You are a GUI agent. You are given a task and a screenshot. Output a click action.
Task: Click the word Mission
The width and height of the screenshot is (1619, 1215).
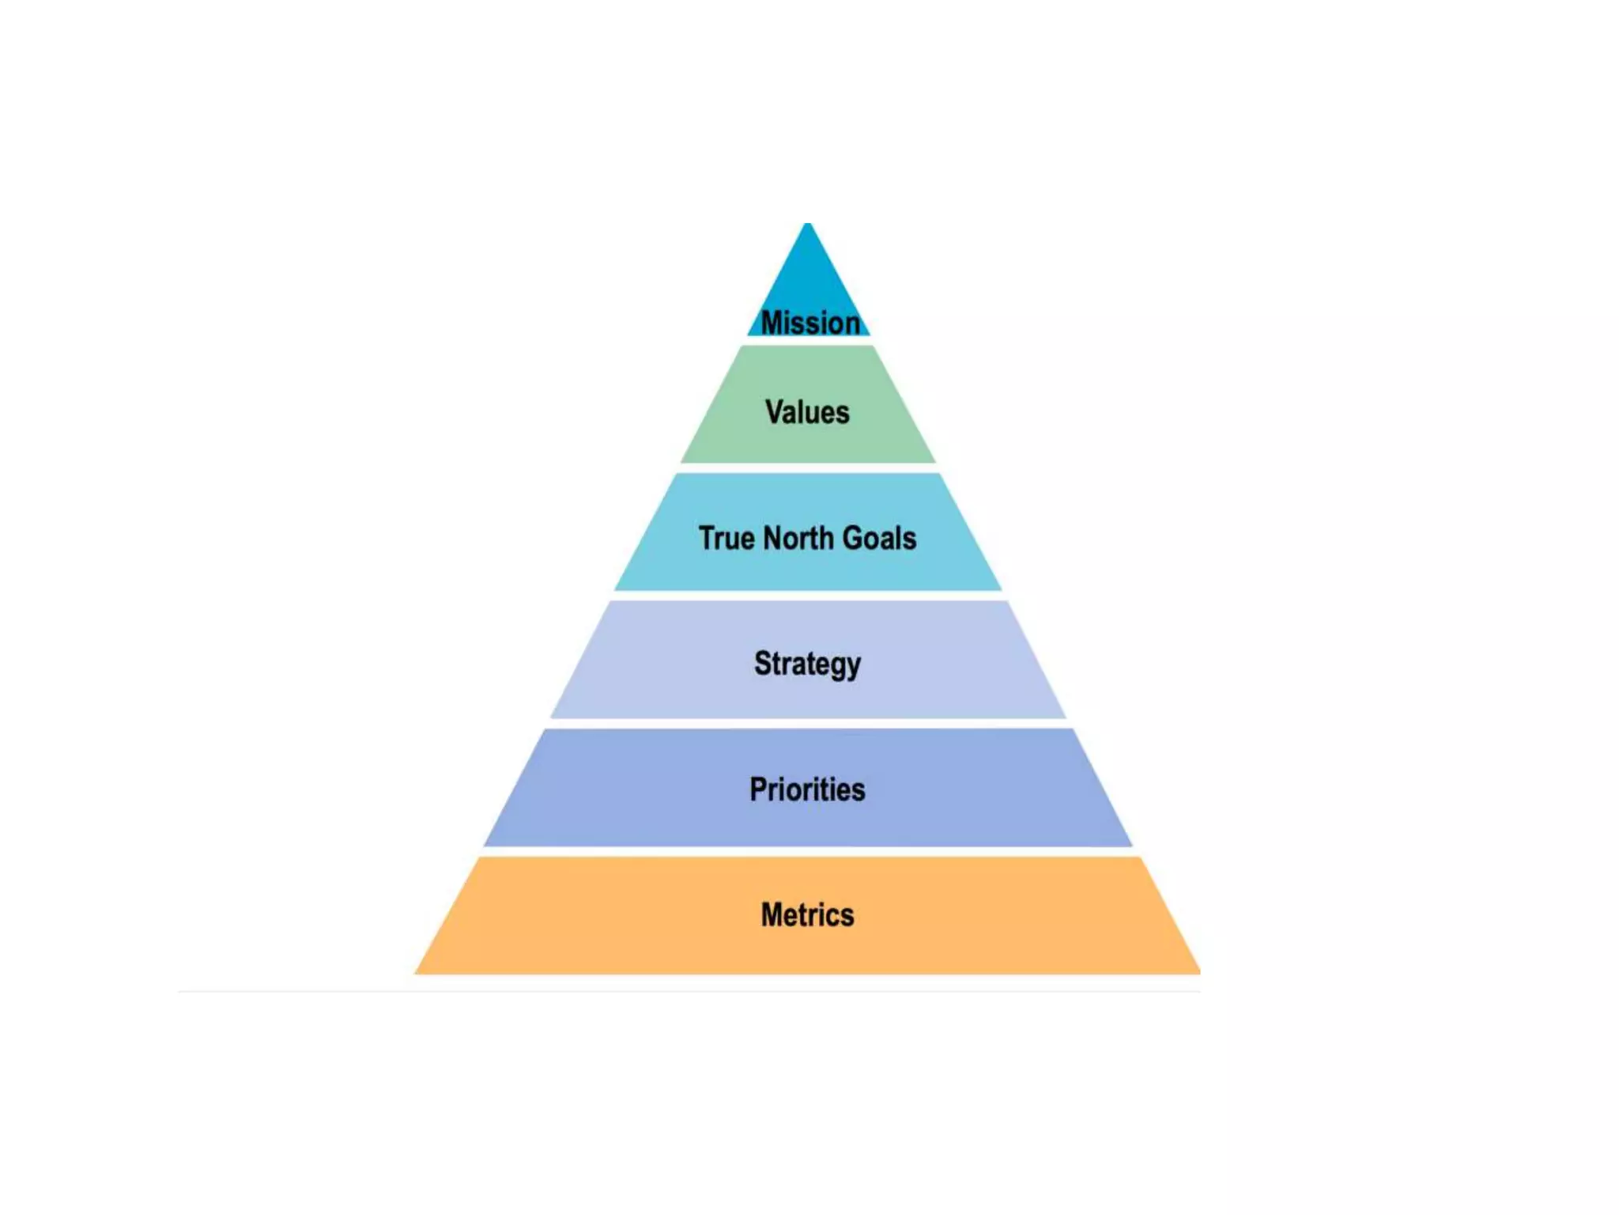point(809,323)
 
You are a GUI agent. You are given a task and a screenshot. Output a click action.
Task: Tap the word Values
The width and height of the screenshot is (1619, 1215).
point(807,412)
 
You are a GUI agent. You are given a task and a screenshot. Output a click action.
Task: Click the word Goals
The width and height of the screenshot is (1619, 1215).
point(880,539)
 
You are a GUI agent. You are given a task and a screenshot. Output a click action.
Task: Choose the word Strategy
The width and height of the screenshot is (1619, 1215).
point(807,664)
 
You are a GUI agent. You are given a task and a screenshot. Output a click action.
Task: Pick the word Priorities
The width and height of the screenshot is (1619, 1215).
point(807,789)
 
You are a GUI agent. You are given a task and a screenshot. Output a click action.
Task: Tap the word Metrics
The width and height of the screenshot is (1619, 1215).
point(807,915)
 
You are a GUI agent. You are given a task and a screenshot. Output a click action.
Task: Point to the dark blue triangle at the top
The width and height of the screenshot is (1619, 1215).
point(807,277)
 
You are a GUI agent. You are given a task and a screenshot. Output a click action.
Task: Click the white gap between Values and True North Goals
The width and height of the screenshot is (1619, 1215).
point(807,468)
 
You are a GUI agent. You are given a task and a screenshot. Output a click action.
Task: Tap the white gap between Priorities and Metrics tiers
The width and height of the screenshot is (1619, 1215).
point(807,852)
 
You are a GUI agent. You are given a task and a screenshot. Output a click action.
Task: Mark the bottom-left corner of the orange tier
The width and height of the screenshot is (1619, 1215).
point(417,972)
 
